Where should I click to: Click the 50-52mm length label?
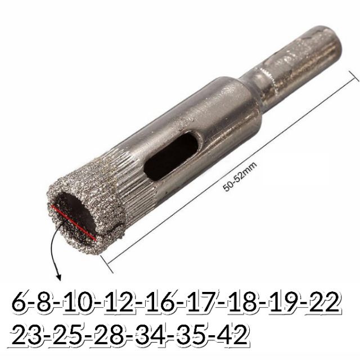pos(240,177)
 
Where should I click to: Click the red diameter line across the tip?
pos(74,223)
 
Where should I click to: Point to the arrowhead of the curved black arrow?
pos(58,277)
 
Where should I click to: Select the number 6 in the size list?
pos(21,302)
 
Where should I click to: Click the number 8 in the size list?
pos(45,302)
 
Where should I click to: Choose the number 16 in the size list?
pos(160,302)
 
